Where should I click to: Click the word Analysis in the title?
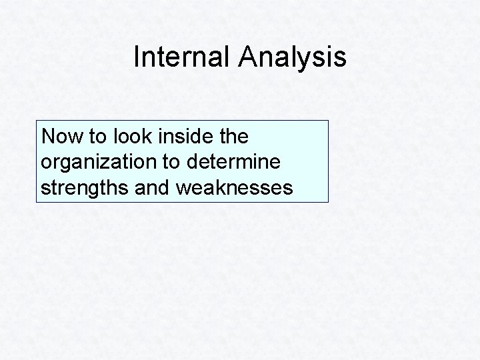coord(291,57)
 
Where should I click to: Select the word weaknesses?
coord(234,189)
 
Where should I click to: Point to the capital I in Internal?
coord(136,57)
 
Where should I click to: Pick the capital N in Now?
coord(47,137)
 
